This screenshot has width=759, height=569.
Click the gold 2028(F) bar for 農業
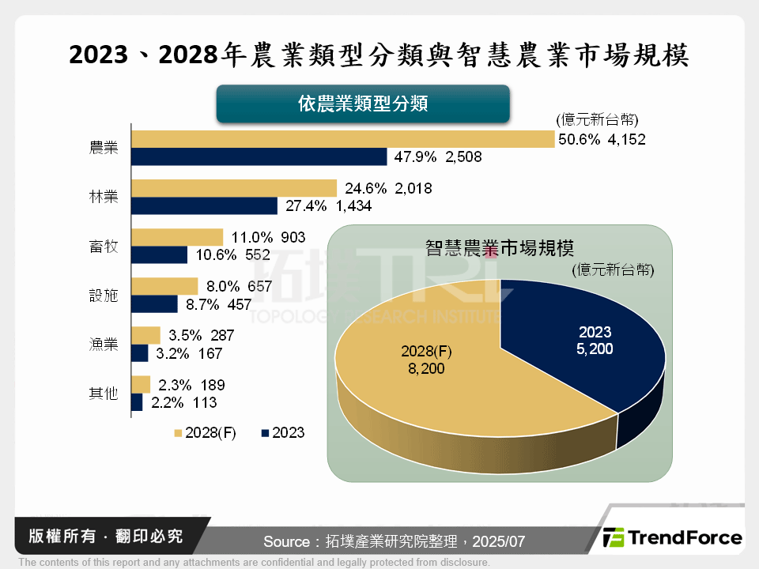342,139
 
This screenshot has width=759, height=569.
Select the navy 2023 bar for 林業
204,206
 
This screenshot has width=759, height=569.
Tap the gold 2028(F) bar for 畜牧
177,237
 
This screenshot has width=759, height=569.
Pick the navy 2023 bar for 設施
154,303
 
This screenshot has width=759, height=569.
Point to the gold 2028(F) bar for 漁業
145,335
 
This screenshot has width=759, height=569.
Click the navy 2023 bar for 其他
137,402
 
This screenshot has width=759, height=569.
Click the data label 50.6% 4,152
602,140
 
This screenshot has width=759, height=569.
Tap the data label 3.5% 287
201,335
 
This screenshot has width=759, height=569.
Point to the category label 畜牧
104,247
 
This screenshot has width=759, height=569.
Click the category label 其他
104,393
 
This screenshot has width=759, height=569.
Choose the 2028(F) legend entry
205,433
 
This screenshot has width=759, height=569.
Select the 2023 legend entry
282,433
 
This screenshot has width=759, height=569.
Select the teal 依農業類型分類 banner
363,104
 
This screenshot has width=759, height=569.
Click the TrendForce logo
673,538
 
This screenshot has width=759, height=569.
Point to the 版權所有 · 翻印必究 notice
106,537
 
